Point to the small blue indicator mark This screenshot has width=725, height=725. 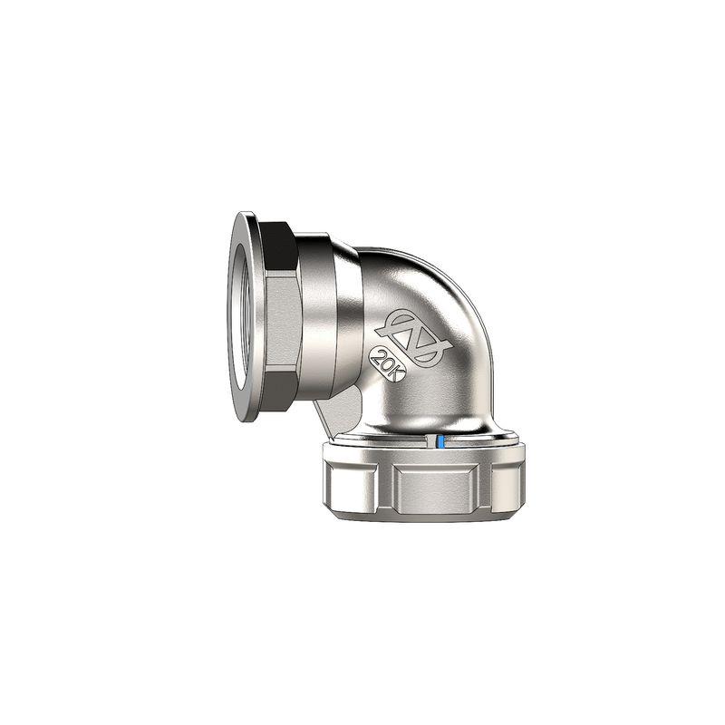[x=438, y=442]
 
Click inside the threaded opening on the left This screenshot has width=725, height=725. [x=237, y=317]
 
